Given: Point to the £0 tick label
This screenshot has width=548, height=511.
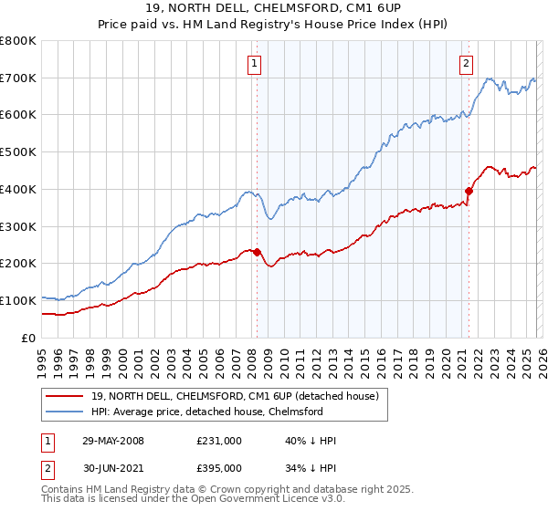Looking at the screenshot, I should tap(28, 338).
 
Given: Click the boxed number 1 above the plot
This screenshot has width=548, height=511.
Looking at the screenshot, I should tap(252, 63).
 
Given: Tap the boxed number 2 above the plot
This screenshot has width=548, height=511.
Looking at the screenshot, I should tap(466, 63).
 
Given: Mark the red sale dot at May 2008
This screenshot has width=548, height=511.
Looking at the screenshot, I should tap(257, 252).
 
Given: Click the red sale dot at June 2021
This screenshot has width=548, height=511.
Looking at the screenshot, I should tap(469, 191).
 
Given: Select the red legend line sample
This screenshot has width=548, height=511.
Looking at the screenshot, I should tap(65, 395).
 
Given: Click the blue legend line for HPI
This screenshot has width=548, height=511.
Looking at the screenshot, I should tap(65, 412).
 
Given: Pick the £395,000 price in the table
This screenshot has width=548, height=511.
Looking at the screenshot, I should tap(219, 468).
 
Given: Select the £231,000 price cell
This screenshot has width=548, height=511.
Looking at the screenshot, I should tap(219, 441).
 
